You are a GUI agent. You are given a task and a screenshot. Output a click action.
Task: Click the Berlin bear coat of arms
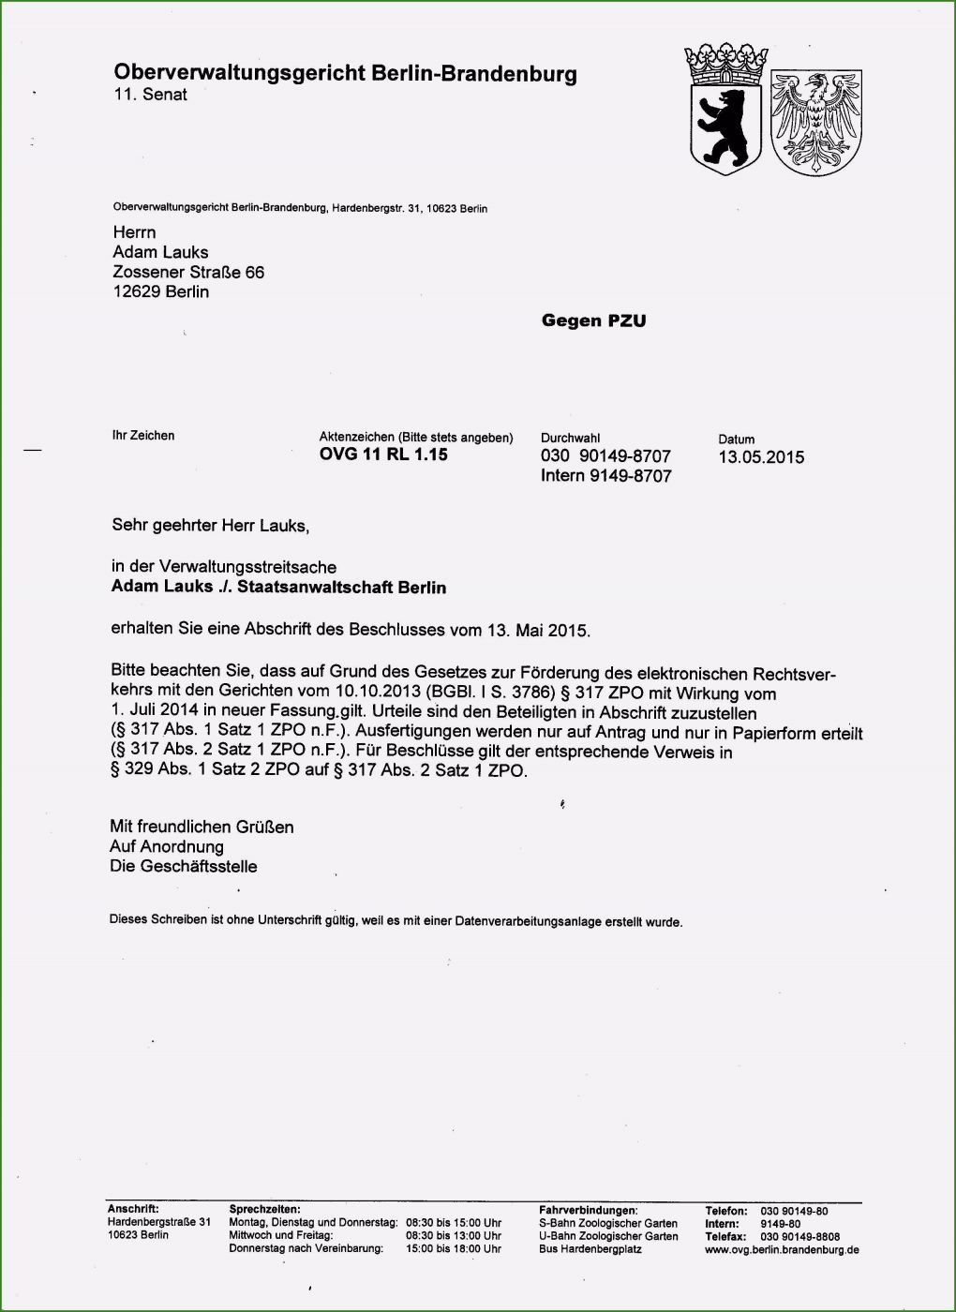(x=724, y=126)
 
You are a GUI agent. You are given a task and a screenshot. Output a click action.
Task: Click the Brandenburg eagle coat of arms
(x=815, y=122)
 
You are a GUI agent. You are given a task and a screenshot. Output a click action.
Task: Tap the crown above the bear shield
(x=724, y=64)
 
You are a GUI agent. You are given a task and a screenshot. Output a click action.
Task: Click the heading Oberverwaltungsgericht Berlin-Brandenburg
(x=345, y=73)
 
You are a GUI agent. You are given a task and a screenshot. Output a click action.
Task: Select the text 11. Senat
(x=150, y=95)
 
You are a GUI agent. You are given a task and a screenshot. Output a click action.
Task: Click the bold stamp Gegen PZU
(x=593, y=321)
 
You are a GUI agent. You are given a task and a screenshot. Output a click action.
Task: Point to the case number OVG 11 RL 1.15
(x=383, y=455)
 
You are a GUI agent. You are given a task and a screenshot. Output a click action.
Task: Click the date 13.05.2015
(x=761, y=457)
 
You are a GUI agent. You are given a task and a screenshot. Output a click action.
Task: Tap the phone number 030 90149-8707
(x=605, y=456)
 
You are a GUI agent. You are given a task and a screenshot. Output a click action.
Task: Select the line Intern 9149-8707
(x=605, y=476)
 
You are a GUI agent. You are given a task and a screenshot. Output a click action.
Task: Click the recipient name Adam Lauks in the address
(x=160, y=252)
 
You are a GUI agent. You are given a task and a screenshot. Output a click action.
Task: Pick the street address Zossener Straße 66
(x=188, y=272)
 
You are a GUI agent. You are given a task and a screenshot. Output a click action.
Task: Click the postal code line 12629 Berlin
(x=160, y=291)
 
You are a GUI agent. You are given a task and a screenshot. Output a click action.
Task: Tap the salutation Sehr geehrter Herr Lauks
(x=210, y=526)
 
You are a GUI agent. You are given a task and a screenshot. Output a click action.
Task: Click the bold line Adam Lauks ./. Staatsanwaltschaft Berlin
(x=278, y=588)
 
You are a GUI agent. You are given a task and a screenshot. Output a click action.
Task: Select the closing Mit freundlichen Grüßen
(x=202, y=827)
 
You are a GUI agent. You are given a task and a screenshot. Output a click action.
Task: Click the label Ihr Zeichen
(x=143, y=436)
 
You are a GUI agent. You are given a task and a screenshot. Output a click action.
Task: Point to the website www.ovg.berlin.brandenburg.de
(x=782, y=1249)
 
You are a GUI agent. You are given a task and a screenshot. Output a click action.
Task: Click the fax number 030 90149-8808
(x=799, y=1237)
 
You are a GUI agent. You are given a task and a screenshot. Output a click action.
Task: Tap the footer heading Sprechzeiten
(x=264, y=1211)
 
